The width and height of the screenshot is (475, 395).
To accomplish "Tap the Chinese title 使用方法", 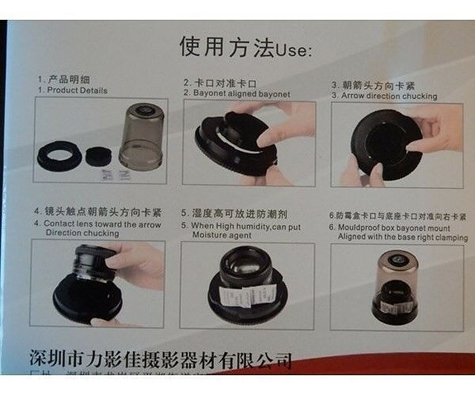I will (226, 47).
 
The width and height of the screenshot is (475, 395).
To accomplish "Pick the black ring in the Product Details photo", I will (59, 152).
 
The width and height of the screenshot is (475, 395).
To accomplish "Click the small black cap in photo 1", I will (97, 153).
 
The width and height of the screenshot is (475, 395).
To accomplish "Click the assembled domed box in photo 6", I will (394, 284).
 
